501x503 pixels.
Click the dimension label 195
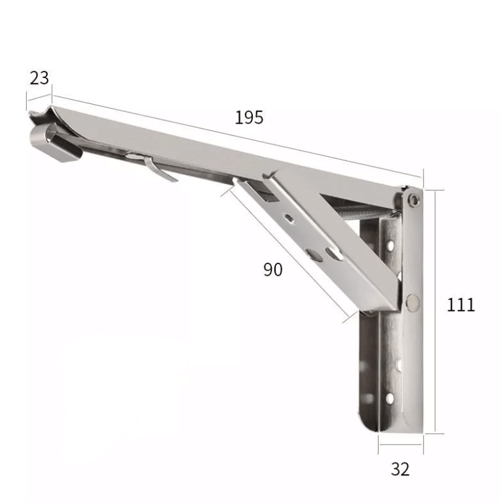249,117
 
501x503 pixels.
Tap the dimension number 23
39,78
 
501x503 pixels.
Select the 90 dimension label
273,269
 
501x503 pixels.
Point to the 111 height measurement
461,304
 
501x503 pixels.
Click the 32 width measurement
400,469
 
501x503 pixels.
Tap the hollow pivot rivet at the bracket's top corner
413,198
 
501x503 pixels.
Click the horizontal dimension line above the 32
400,450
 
